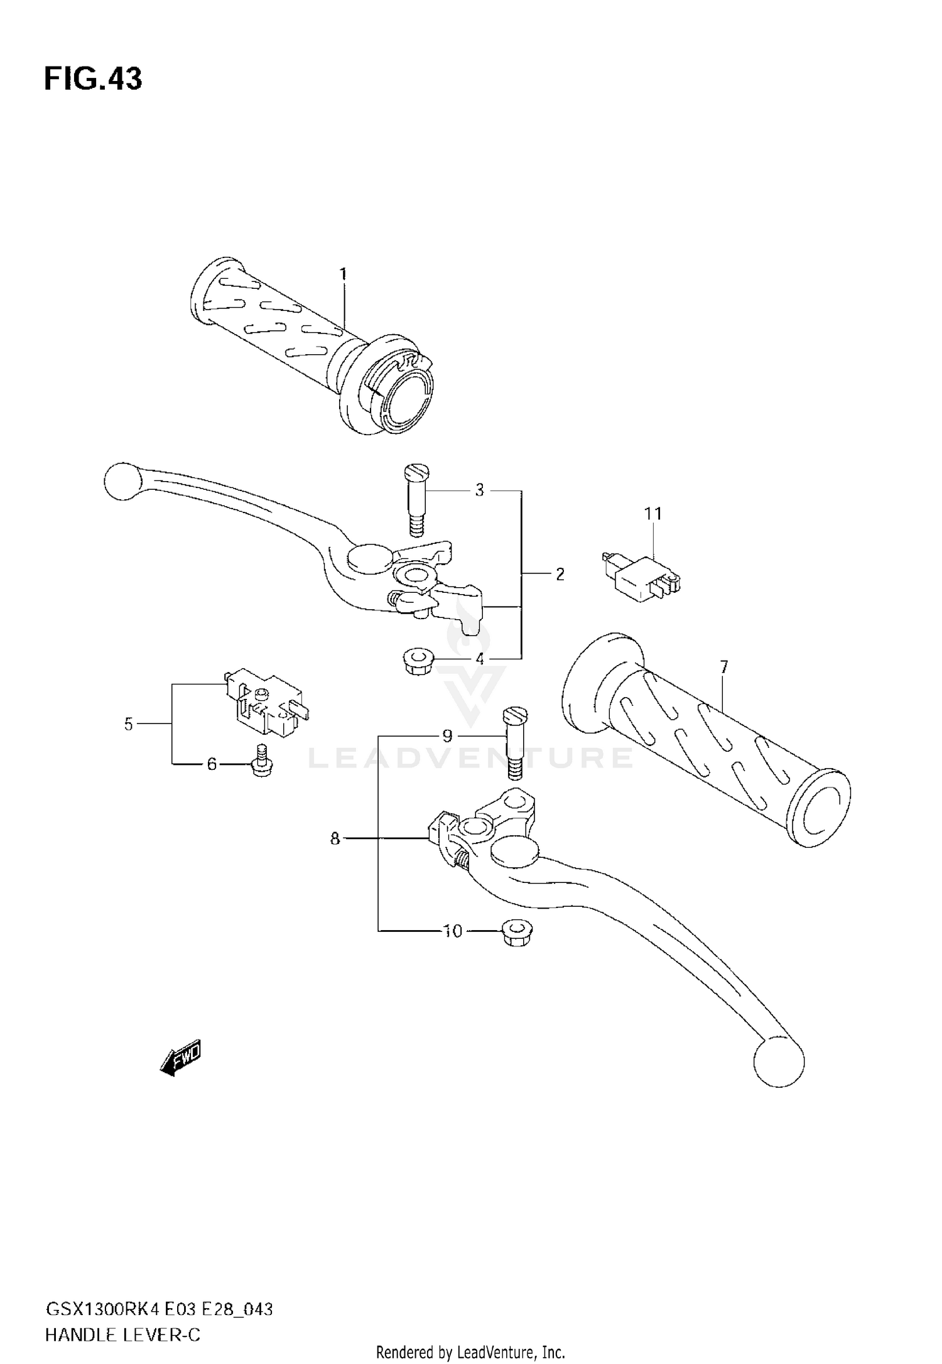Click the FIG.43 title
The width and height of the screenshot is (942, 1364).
tap(93, 80)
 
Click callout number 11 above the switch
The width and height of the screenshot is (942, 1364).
tap(653, 514)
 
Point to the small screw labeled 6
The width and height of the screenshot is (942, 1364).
tap(259, 761)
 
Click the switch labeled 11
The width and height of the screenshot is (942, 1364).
tap(641, 573)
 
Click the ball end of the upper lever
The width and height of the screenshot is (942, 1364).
tap(123, 481)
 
